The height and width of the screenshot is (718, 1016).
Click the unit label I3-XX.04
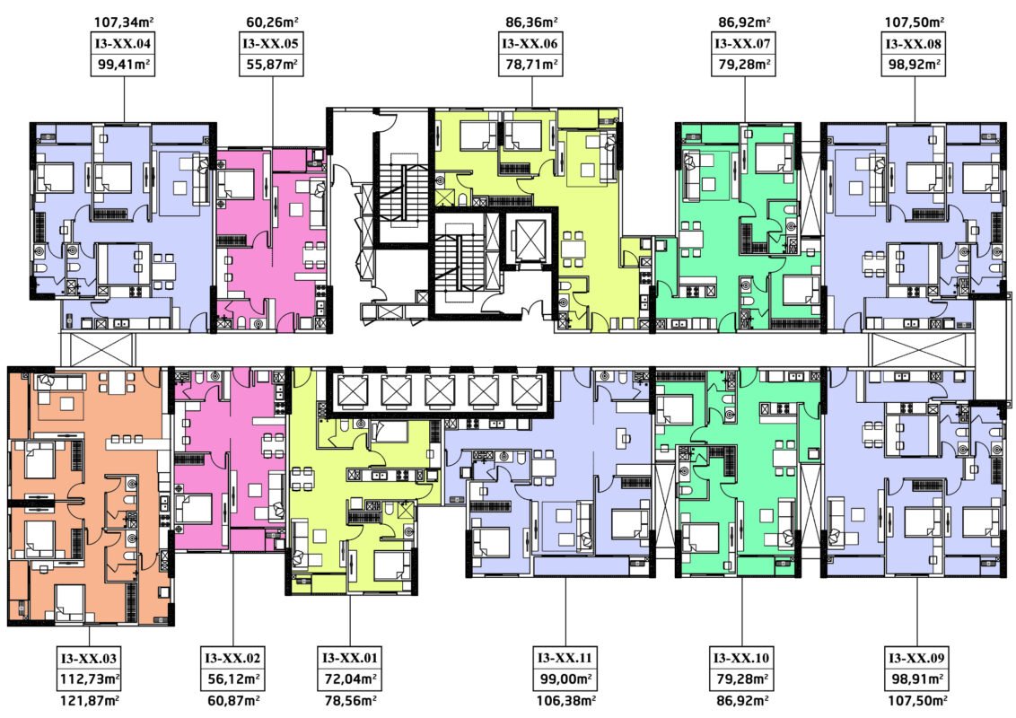(x=123, y=44)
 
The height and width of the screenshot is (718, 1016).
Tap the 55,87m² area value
(x=272, y=64)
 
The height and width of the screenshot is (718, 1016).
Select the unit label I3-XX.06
(x=530, y=44)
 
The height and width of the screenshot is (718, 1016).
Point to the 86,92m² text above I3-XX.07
(x=744, y=22)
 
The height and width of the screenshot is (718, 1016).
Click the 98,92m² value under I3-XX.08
(x=915, y=64)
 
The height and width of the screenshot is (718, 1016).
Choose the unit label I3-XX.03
(x=89, y=659)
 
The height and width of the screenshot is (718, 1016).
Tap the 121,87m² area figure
(x=89, y=701)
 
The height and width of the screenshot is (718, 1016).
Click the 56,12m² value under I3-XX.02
(x=233, y=679)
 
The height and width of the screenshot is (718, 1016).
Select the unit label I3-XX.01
(x=350, y=659)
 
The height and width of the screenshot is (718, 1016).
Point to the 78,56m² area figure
(x=350, y=701)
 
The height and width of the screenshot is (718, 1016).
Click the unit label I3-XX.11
(x=565, y=659)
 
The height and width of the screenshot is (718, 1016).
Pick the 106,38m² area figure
(x=565, y=701)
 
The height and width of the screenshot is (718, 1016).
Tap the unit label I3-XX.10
(x=742, y=659)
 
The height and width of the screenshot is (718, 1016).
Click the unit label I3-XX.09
(x=916, y=659)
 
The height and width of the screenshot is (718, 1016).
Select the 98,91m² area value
(x=916, y=679)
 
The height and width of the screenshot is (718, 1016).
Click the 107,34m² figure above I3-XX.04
(x=124, y=22)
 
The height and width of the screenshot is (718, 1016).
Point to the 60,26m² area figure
(x=272, y=22)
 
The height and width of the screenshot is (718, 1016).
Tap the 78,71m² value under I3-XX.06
(x=530, y=64)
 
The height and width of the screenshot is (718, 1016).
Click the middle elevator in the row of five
(x=440, y=391)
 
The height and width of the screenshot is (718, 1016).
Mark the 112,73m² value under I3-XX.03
(x=89, y=679)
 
